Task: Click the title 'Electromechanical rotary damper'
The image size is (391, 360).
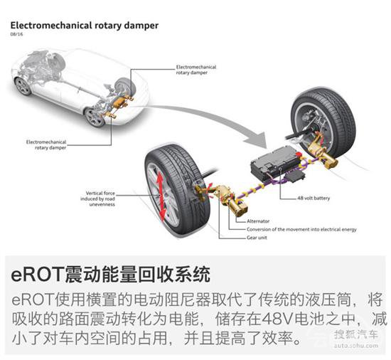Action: pyautogui.click(x=85, y=26)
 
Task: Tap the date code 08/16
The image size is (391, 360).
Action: pyautogui.click(x=16, y=34)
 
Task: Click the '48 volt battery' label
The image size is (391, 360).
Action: pyautogui.click(x=314, y=198)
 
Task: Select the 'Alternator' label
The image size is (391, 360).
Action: pyautogui.click(x=258, y=221)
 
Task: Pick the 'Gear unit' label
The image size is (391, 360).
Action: pyautogui.click(x=257, y=238)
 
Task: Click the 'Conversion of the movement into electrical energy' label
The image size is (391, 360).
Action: pyautogui.click(x=301, y=229)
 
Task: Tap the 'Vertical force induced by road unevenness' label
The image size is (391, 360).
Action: pyautogui.click(x=98, y=198)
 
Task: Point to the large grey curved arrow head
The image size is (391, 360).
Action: pyautogui.click(x=257, y=139)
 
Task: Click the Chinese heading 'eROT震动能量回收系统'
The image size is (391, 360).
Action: pyautogui.click(x=111, y=274)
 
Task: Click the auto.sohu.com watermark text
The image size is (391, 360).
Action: pyautogui.click(x=356, y=346)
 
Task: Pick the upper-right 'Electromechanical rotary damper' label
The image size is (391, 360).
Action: pyautogui.click(x=196, y=70)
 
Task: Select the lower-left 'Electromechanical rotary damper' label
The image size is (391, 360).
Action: pyautogui.click(x=46, y=145)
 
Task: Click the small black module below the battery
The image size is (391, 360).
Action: pyautogui.click(x=296, y=176)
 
